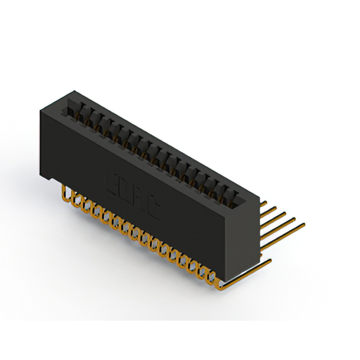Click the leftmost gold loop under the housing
(x=68, y=195)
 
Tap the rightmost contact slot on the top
(x=231, y=195)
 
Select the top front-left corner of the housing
(x=40, y=110)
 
